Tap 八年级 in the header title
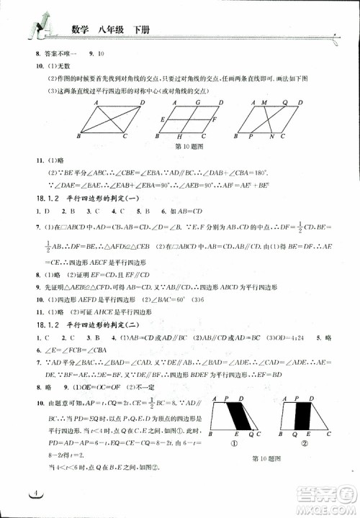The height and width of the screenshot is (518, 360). [x=108, y=30]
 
